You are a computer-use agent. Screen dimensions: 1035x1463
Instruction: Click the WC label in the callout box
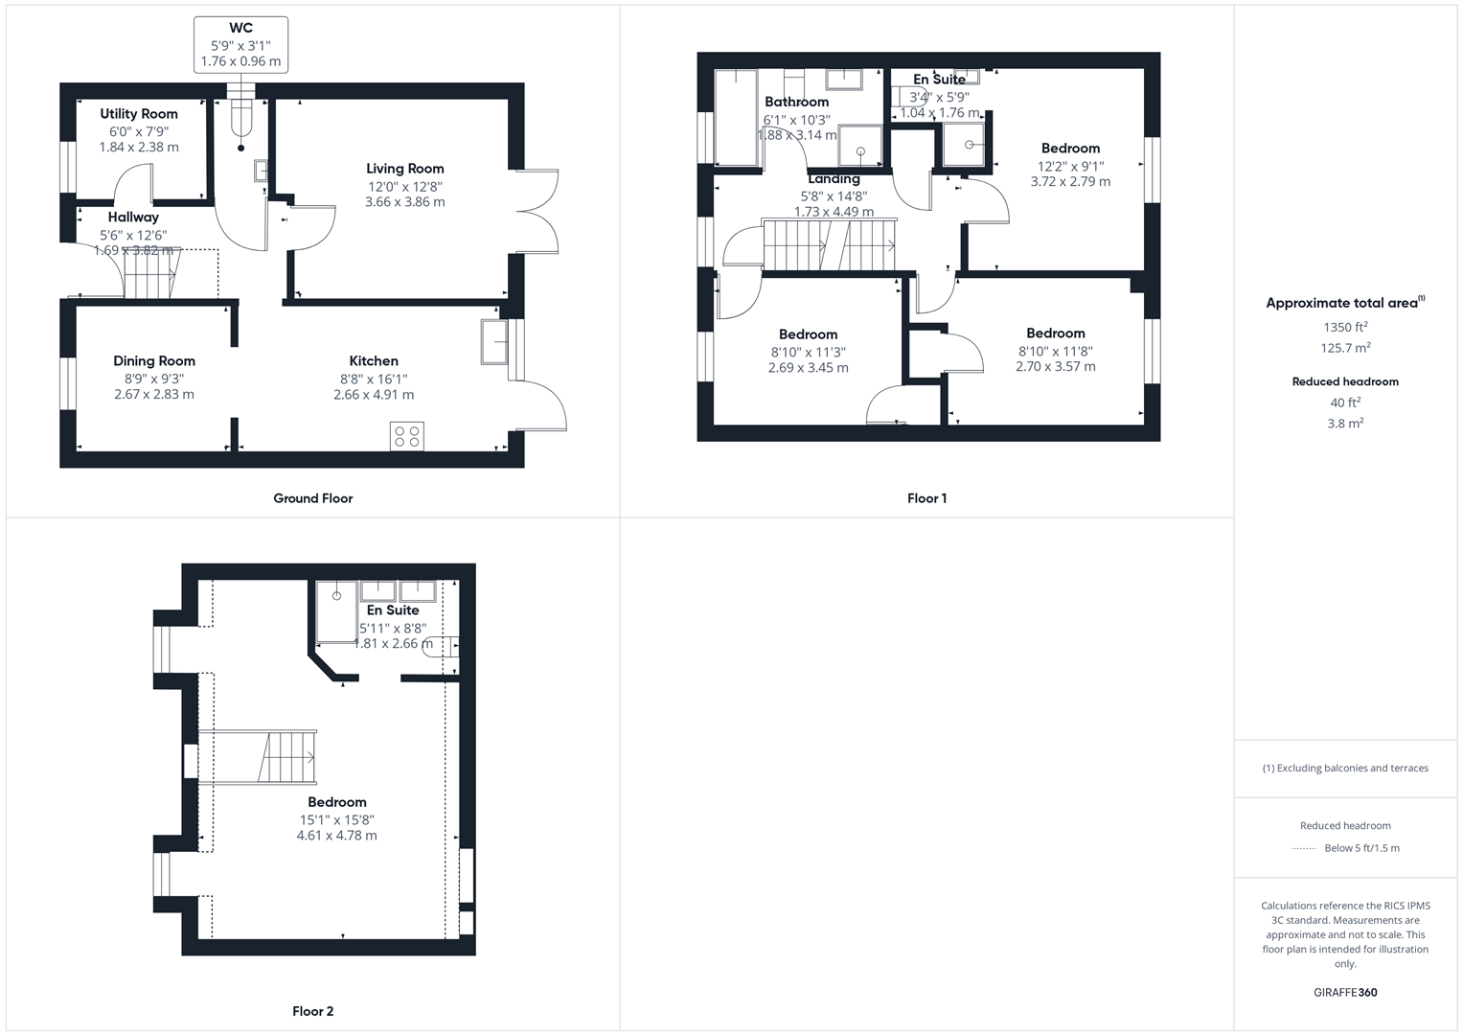point(240,28)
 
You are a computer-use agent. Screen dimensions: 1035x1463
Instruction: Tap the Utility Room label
point(139,113)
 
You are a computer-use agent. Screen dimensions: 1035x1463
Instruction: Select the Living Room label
point(404,169)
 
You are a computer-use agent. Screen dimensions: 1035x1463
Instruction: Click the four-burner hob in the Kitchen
point(406,436)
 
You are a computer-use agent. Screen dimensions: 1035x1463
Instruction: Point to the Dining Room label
point(154,360)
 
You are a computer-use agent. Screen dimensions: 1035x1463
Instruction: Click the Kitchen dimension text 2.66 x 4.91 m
point(374,395)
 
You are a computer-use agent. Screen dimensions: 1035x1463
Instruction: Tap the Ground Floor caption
point(312,498)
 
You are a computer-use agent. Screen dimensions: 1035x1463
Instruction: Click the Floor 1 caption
point(926,498)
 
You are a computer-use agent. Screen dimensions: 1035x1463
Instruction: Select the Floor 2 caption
point(312,1011)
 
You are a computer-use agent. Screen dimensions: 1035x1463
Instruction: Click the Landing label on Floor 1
point(834,179)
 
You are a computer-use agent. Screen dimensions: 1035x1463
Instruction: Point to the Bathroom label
point(796,102)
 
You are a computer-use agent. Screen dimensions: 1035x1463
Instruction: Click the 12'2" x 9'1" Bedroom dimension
point(1070,166)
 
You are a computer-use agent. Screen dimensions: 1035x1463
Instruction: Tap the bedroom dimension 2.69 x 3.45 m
point(808,368)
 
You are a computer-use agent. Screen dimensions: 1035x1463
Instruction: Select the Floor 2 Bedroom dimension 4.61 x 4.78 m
point(336,836)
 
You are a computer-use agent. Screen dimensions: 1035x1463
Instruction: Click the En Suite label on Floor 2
point(393,610)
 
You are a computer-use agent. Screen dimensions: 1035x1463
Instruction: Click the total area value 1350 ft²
point(1344,327)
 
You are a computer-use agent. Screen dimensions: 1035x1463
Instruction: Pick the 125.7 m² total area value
point(1344,348)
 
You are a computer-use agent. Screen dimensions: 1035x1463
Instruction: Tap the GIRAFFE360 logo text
point(1345,992)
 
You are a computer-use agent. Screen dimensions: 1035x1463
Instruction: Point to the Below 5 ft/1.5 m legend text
point(1361,848)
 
